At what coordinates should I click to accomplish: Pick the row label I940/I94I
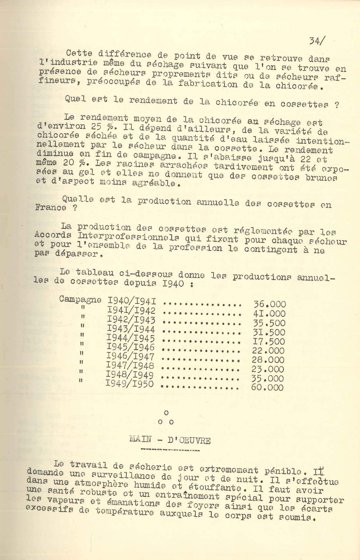pyautogui.click(x=133, y=301)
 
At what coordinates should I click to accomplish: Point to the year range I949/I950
pyautogui.click(x=130, y=384)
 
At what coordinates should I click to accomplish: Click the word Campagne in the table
pyautogui.click(x=80, y=299)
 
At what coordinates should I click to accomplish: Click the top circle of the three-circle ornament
pyautogui.click(x=166, y=413)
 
